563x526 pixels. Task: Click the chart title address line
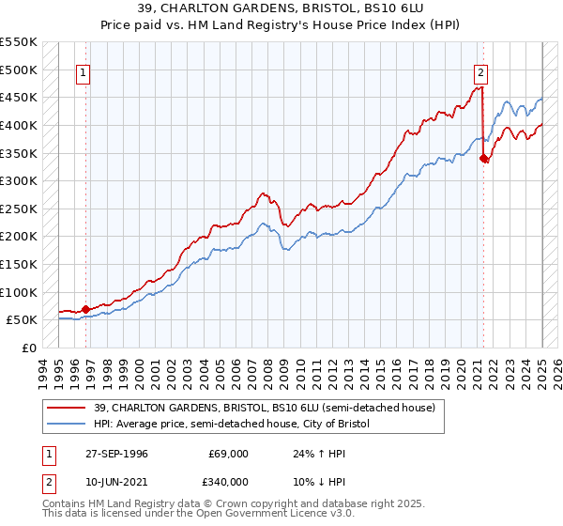coord(281,8)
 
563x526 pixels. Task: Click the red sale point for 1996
coord(85,308)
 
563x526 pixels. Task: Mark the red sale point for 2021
coord(484,159)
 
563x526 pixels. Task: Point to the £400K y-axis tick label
coord(20,125)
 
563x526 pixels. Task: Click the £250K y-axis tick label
coord(20,209)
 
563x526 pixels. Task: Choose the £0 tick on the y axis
coord(30,348)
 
